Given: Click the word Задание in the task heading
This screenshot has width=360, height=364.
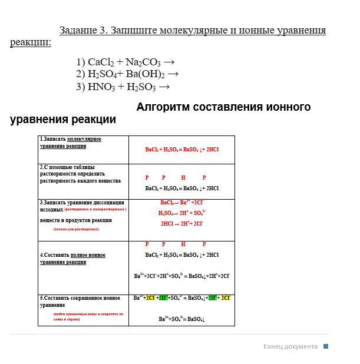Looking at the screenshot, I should pos(82,30).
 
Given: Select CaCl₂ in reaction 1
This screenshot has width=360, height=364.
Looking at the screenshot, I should pos(101,62).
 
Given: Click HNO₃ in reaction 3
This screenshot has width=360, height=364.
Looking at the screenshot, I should pos(101,87).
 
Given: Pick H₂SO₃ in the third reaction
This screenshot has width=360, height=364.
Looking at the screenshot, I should pos(141,87).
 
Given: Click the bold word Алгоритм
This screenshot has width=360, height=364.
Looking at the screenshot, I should pos(167,107).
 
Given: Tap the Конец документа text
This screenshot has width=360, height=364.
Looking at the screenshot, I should pos(290,346).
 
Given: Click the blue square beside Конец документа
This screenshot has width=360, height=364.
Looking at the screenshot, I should pos(326,346).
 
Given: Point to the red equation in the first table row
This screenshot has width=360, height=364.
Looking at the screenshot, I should pos(181,150).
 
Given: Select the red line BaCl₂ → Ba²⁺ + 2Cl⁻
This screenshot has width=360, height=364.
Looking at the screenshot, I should pos(181,203).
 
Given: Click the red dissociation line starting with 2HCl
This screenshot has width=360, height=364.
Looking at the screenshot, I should pos(181,224).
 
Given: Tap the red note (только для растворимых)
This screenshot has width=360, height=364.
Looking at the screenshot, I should pos(76,229).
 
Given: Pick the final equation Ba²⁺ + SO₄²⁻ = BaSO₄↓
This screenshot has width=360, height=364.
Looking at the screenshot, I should pos(181,319).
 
